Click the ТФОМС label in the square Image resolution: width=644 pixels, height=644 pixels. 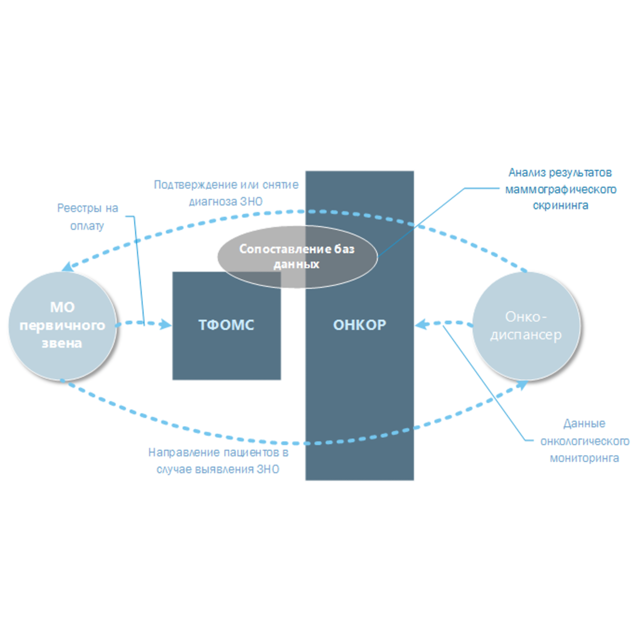tap(226, 325)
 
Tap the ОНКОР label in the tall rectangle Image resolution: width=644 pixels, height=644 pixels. tap(360, 325)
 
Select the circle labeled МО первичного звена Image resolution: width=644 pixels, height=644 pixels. tap(62, 326)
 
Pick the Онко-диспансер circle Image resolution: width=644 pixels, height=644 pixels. tap(526, 326)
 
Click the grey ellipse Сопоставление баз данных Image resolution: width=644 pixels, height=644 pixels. tap(297, 257)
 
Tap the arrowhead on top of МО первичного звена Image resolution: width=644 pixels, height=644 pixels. tap(68, 266)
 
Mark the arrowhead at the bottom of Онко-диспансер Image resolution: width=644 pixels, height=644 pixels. tap(522, 385)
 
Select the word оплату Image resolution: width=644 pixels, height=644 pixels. tap(87, 226)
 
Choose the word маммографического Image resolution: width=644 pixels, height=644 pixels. tap(561, 190)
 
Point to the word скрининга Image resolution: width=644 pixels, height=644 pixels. tap(561, 206)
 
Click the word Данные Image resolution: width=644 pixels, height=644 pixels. tap(584, 424)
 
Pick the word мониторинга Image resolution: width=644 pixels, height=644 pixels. tap(584, 458)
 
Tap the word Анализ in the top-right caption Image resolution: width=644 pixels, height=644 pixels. tap(527, 173)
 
